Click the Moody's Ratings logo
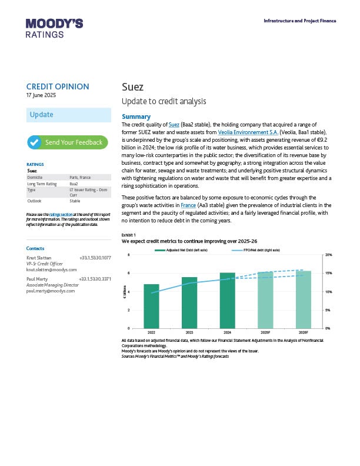tap(54, 28)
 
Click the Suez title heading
tap(132, 87)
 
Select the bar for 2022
tap(151, 306)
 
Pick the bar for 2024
tap(227, 300)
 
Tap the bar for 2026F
tap(303, 299)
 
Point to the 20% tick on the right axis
tap(328, 255)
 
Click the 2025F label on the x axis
tap(265, 332)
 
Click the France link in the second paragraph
tap(188, 205)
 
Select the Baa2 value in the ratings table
tap(74, 184)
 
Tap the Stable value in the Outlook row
tap(75, 201)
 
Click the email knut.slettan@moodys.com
tap(52, 269)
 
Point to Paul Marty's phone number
tap(95, 278)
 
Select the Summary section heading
tap(136, 116)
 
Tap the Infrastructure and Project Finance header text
tap(300, 21)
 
